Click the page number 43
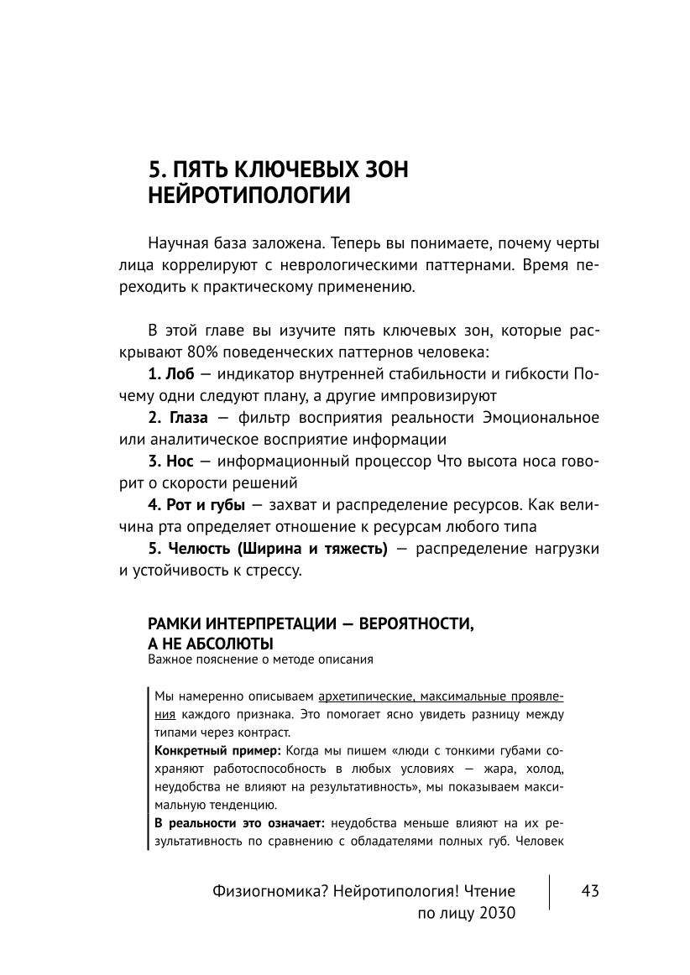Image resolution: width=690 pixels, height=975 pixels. click(x=589, y=891)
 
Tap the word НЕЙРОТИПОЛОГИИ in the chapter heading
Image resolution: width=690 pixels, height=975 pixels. click(x=248, y=196)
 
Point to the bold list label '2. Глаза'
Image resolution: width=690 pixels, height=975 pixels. click(x=178, y=417)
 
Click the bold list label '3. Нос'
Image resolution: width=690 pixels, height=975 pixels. click(x=170, y=461)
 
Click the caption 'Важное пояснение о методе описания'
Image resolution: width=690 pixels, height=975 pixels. click(x=260, y=660)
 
